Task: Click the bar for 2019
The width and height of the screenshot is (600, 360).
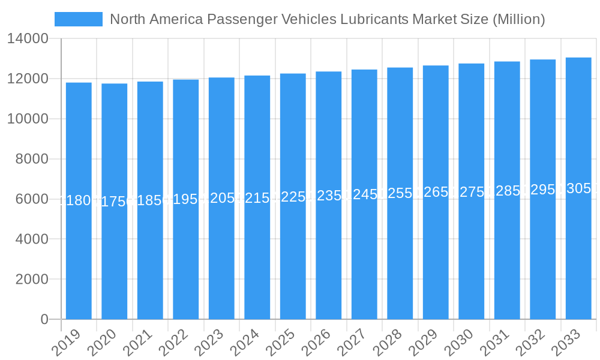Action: coord(79,201)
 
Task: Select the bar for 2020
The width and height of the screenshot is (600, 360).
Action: coord(114,202)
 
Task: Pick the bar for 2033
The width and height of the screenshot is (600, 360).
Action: coord(578,188)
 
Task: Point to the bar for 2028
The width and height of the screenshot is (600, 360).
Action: coord(400,193)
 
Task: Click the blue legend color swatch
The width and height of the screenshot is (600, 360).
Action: coord(79,19)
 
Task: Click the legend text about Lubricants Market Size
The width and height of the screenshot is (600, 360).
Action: coord(328,19)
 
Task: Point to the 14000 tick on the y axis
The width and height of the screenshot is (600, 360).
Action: coord(28,39)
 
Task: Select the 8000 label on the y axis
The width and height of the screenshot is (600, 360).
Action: coord(32,159)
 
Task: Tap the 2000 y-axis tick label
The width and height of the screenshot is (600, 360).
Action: coord(32,279)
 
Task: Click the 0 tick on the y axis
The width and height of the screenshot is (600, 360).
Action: coord(44,319)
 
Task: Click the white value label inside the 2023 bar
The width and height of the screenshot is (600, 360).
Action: coord(221,199)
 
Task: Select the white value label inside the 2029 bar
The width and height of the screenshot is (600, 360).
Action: coord(436,192)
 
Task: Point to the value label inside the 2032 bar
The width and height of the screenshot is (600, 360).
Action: coord(542,190)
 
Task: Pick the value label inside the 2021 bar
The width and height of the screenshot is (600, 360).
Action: coord(150,200)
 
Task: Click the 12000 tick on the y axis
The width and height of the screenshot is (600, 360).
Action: coord(28,79)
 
